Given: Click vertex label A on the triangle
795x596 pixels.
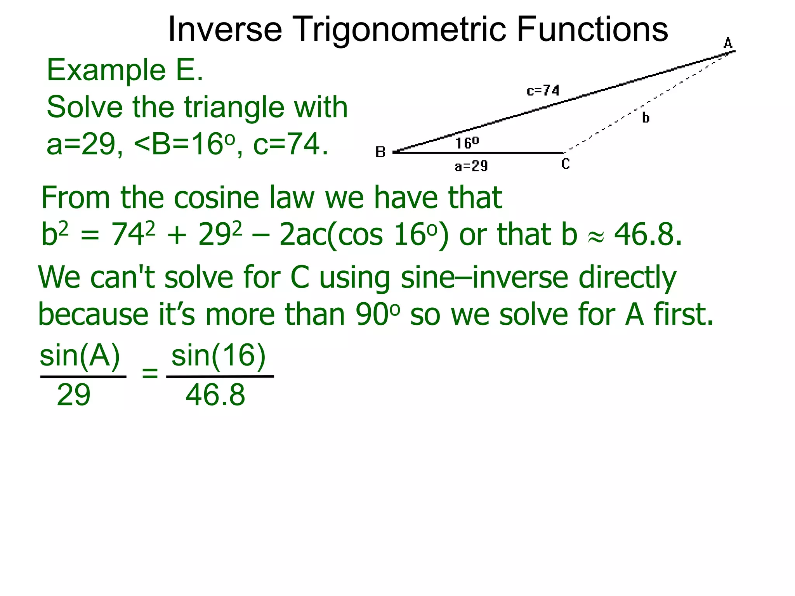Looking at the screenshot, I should [728, 43].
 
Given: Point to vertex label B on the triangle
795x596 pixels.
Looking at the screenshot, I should [380, 152].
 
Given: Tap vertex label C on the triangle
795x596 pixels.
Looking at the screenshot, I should [566, 164].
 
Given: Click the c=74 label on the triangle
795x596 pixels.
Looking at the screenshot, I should [543, 91].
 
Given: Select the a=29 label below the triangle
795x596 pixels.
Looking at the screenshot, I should [471, 166].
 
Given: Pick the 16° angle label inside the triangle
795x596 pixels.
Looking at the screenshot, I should [467, 143].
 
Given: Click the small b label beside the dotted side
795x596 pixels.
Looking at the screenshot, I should [646, 117].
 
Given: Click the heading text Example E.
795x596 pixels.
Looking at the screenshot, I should [125, 70].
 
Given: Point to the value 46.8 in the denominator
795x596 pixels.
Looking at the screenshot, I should [215, 395].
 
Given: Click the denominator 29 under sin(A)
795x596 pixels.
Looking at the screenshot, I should [73, 395].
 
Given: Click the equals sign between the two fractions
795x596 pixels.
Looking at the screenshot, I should [150, 374].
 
